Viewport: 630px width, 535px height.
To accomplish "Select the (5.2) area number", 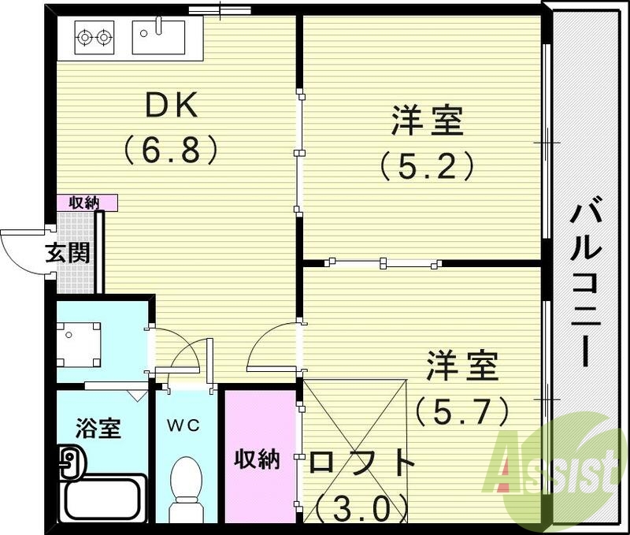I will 428,165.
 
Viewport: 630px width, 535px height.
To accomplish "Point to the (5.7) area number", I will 463,410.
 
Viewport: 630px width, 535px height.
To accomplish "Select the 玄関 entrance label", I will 67,253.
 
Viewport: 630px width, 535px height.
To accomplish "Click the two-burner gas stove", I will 93,35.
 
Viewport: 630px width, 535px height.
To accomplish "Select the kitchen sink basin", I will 158,35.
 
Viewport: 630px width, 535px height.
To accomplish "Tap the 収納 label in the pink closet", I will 258,459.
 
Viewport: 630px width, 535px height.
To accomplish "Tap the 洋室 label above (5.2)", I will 428,122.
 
